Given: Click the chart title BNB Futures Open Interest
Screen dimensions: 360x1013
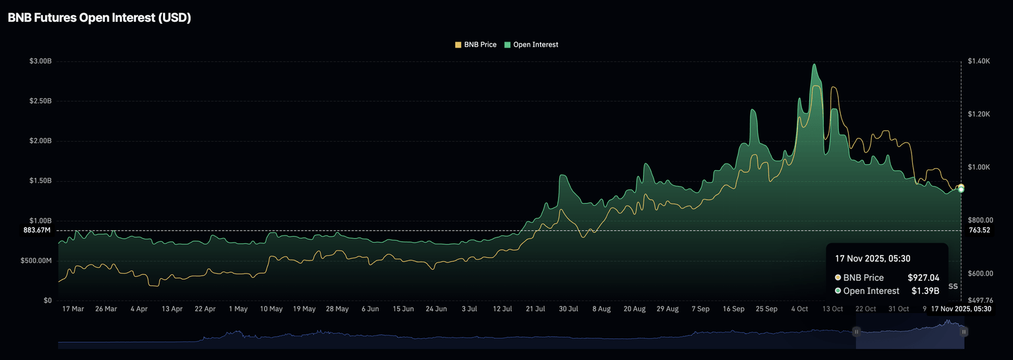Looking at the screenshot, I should [99, 18].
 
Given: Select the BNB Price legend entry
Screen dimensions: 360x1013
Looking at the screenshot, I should [476, 45].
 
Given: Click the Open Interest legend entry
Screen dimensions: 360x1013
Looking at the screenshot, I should [531, 45].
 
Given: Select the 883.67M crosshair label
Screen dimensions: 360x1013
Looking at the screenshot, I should [37, 230].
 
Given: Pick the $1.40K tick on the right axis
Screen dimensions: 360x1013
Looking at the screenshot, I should [979, 61].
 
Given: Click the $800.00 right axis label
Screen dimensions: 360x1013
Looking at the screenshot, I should [981, 220].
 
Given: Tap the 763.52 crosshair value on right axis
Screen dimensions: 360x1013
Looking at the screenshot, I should [980, 230].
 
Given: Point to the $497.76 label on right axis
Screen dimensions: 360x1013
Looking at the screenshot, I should [981, 301].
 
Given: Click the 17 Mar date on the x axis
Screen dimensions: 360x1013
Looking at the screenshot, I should [73, 309].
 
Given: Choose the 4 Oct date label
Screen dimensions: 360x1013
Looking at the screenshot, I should [800, 309].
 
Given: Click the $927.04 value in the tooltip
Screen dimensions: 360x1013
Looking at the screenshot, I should [923, 278].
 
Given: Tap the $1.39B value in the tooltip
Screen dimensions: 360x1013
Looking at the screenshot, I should [925, 291].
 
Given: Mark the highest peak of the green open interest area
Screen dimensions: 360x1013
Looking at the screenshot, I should [814, 65].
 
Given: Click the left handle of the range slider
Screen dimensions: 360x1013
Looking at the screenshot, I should [857, 332].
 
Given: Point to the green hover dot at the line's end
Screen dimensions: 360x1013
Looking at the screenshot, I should [961, 189].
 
